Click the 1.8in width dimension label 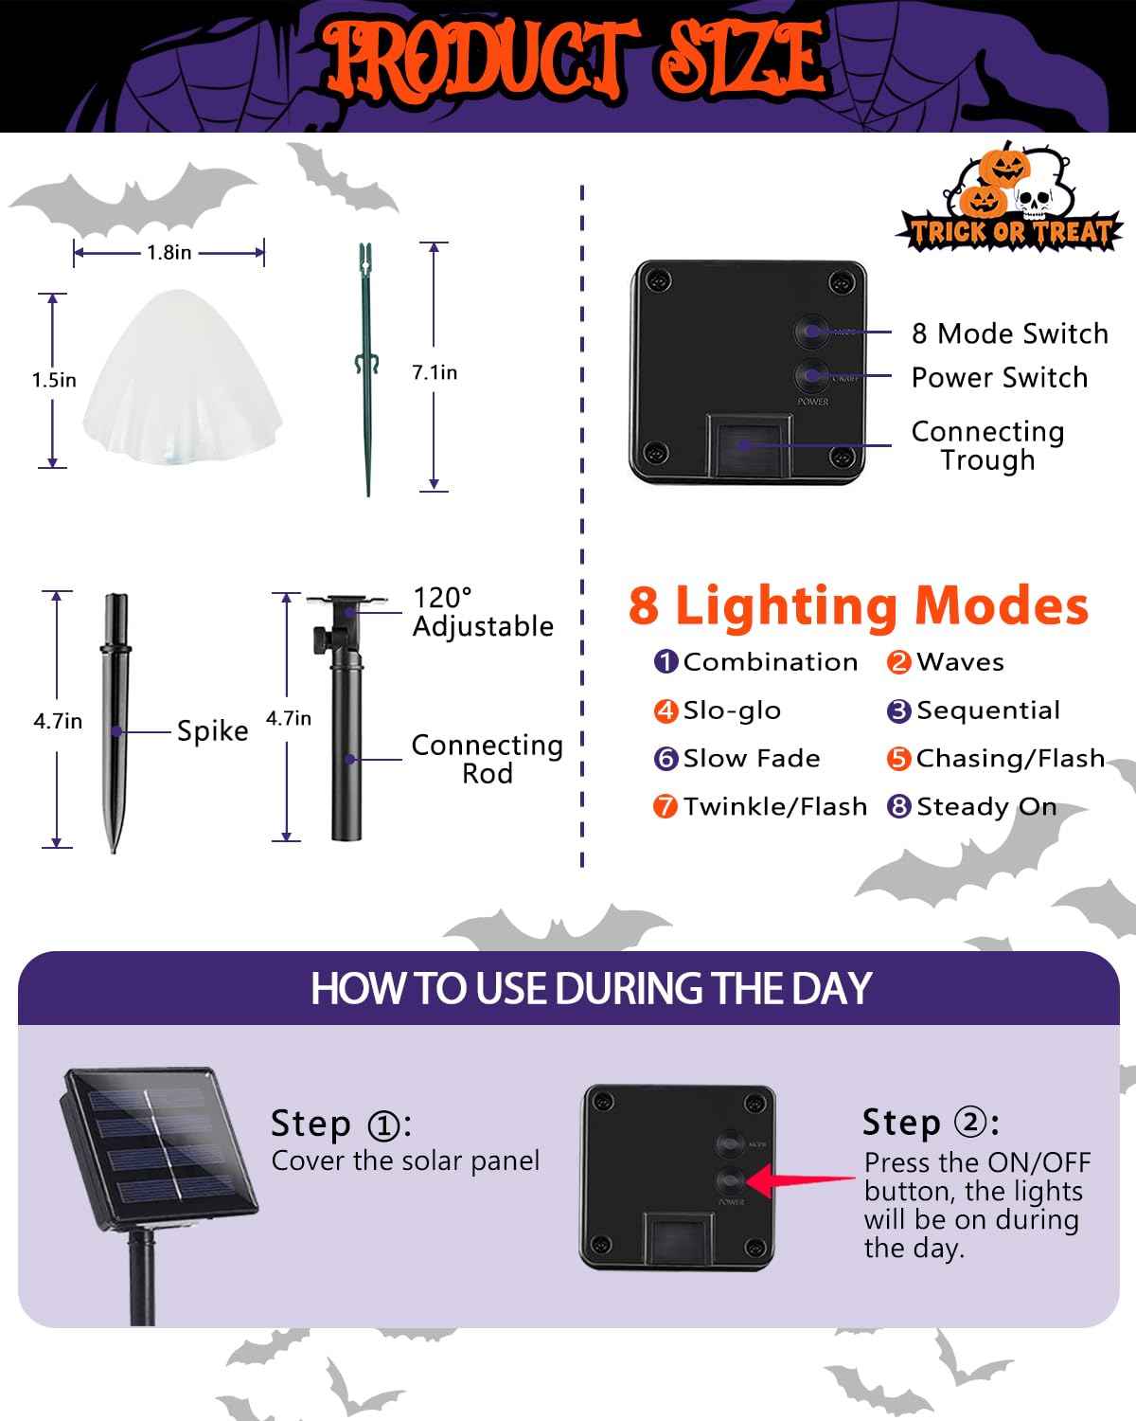click(x=169, y=252)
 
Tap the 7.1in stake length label click(x=434, y=372)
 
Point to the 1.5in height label click(x=54, y=380)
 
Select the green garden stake click(x=367, y=369)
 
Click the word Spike click(x=212, y=731)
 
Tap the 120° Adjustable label click(x=483, y=612)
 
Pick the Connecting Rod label click(x=487, y=759)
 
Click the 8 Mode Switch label click(x=1009, y=333)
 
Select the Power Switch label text click(x=999, y=377)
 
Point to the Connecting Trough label click(x=987, y=445)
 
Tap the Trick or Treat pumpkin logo click(x=1009, y=201)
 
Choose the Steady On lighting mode click(x=985, y=806)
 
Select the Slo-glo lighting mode click(x=731, y=710)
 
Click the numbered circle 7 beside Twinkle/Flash click(x=666, y=807)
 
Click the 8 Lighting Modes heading click(x=858, y=605)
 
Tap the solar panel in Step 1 click(x=158, y=1146)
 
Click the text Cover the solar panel click(x=405, y=1160)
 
